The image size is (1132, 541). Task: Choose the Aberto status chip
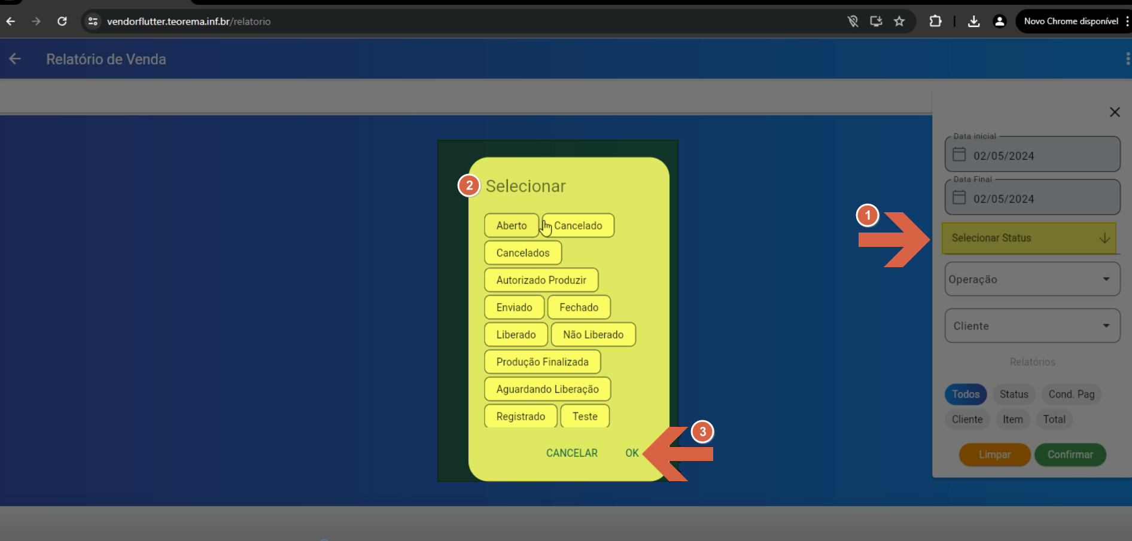pos(512,225)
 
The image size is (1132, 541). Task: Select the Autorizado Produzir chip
pos(541,280)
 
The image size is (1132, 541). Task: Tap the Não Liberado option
pos(593,334)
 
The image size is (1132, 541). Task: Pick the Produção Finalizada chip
pos(542,362)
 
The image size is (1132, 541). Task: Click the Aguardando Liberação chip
pos(547,389)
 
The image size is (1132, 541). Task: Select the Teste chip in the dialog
pos(585,416)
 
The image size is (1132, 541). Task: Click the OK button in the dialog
pos(632,453)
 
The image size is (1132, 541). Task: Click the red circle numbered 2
pos(469,185)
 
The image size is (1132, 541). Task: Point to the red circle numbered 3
pos(702,432)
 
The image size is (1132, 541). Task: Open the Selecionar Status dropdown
pos(1029,238)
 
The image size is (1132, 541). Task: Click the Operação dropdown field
pos(1032,279)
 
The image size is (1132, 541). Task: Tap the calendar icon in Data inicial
pos(959,154)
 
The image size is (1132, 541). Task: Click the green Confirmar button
pos(1070,454)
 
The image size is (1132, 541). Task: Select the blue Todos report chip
pos(966,394)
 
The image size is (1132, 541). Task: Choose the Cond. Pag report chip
pos(1071,394)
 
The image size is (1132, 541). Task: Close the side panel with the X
pos(1115,112)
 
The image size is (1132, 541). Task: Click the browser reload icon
pos(62,22)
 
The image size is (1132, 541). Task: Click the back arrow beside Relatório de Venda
pos(15,59)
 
